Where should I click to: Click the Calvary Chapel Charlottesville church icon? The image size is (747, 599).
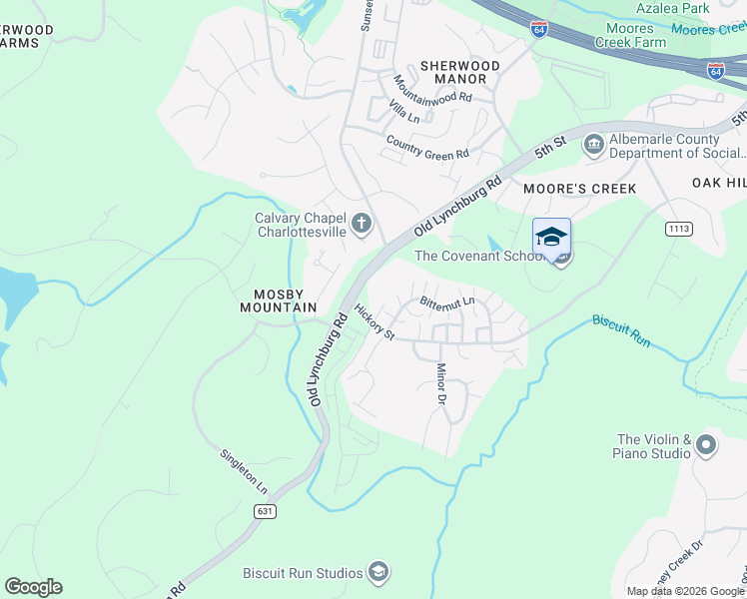click(362, 224)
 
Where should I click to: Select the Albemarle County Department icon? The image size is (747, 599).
click(593, 147)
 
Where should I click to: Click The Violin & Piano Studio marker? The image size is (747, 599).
click(707, 445)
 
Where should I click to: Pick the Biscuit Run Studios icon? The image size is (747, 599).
click(378, 572)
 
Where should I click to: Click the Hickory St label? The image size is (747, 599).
click(374, 322)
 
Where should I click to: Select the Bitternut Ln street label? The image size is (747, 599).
click(446, 300)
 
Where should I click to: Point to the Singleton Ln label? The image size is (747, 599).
click(245, 471)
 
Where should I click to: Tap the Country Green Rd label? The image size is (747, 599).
click(426, 148)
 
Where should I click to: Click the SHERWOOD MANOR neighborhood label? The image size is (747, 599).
click(459, 72)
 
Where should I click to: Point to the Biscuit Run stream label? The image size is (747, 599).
click(621, 330)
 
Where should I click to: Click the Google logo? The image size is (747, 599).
click(33, 587)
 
